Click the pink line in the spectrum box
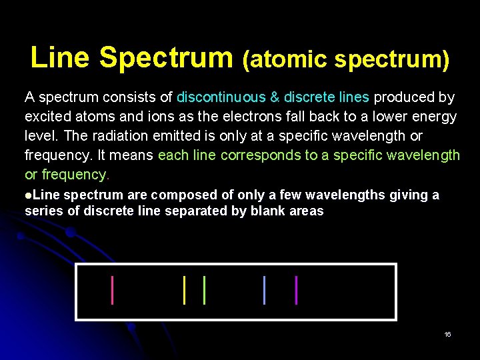coord(112,290)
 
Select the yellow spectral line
coord(184,290)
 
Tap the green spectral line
coord(204,290)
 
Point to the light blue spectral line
coord(265,290)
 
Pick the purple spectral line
coord(296,290)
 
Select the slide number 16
coord(447,334)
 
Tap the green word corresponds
coord(254,155)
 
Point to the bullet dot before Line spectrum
coord(28,195)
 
